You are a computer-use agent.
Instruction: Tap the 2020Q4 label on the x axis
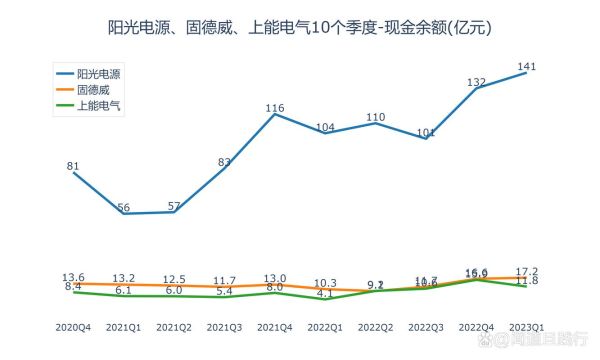(73, 327)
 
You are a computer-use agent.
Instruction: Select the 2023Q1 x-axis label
(524, 327)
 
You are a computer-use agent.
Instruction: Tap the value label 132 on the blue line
(477, 81)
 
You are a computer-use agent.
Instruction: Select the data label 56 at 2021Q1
(124, 207)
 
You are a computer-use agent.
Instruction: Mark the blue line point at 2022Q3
(427, 138)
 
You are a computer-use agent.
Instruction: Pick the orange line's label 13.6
(73, 277)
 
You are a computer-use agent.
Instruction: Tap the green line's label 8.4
(73, 287)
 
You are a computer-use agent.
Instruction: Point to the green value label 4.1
(326, 294)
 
